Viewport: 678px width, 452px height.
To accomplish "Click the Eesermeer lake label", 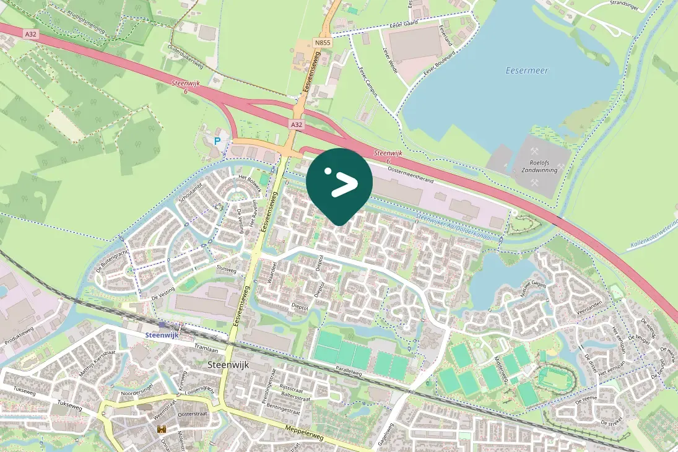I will click(527, 71).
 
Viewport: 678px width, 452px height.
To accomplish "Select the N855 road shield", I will click(322, 43).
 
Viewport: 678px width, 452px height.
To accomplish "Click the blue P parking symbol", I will click(217, 141).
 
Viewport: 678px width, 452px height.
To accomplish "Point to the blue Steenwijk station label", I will click(161, 334).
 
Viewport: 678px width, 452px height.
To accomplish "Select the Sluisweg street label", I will click(227, 270).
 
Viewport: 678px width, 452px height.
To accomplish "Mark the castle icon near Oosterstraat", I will click(162, 428).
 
